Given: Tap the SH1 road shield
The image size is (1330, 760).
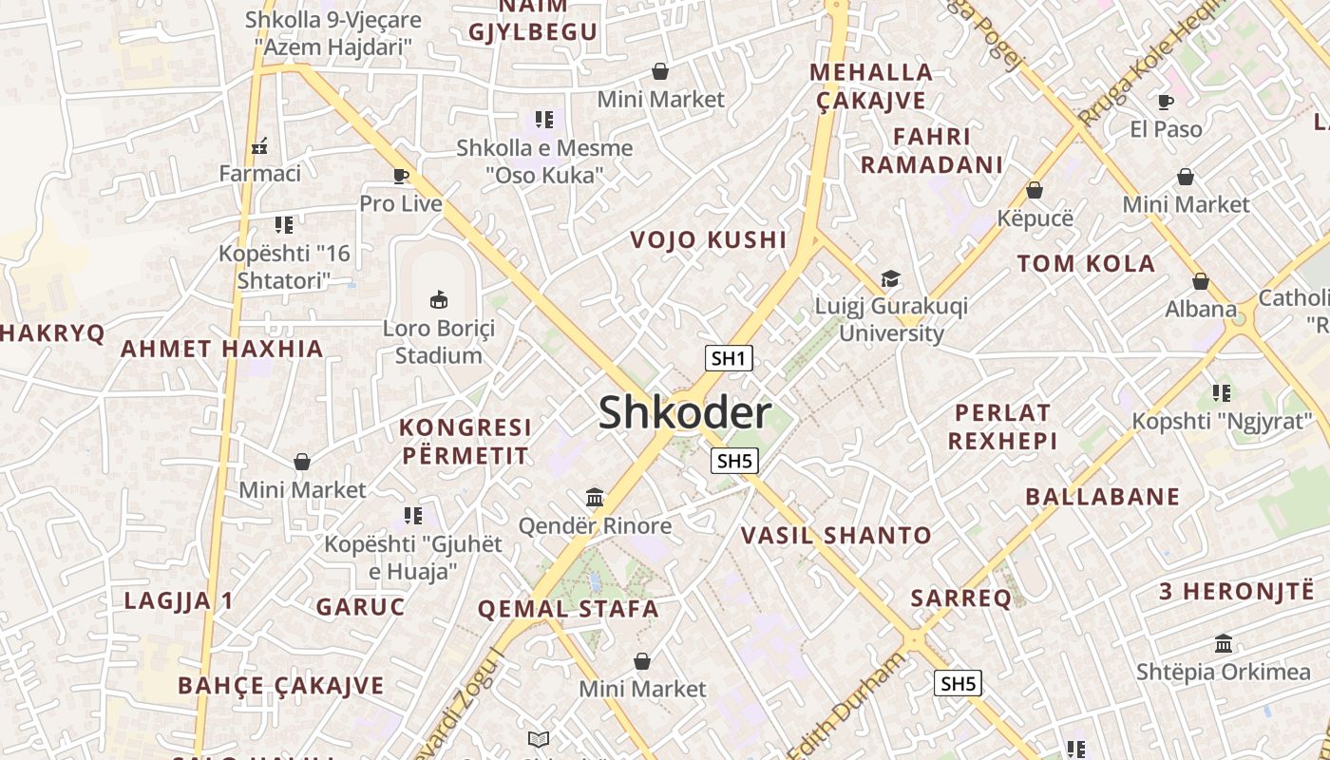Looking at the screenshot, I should click(729, 358).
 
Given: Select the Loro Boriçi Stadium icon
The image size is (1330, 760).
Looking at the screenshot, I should click(439, 300).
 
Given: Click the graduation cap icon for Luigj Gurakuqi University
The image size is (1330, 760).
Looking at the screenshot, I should click(890, 278).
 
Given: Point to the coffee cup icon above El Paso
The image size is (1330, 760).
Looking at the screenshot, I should click(1166, 102).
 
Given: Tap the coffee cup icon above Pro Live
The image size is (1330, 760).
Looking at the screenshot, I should click(401, 176).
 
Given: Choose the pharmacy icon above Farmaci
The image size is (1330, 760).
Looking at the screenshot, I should click(259, 146).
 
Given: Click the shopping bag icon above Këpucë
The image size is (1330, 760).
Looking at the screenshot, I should click(1035, 190).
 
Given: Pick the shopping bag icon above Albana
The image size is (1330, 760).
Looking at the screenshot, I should click(1201, 281).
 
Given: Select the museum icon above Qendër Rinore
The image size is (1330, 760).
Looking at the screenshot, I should click(595, 497).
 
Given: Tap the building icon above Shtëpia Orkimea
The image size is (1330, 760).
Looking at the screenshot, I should click(1224, 644).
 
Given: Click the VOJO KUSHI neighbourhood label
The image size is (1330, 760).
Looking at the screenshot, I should click(709, 240).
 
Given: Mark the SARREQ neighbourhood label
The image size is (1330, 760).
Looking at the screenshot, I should click(961, 598).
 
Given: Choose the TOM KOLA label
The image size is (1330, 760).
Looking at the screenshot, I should click(1086, 264).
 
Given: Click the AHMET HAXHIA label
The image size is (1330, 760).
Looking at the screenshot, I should click(221, 349).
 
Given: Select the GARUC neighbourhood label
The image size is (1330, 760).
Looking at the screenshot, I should click(360, 607).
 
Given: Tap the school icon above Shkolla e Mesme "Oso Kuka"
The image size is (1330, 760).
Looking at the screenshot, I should click(544, 120).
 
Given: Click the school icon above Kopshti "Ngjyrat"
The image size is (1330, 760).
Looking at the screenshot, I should click(1222, 392).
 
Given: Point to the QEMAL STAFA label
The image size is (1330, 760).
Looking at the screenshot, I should click(567, 609).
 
